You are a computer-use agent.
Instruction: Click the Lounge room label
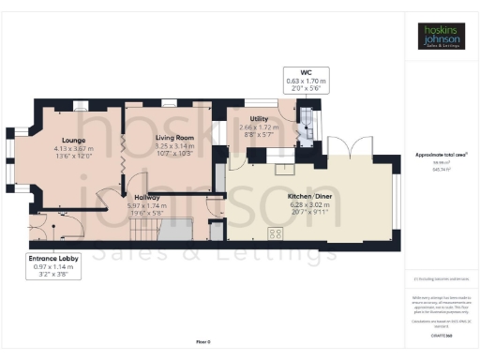74,140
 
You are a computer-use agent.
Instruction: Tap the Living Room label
173,137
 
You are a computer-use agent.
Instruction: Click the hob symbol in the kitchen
277,234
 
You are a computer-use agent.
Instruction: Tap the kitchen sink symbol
282,171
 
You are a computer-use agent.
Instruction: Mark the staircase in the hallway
173,227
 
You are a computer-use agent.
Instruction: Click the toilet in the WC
306,116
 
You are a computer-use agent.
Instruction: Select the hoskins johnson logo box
440,37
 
